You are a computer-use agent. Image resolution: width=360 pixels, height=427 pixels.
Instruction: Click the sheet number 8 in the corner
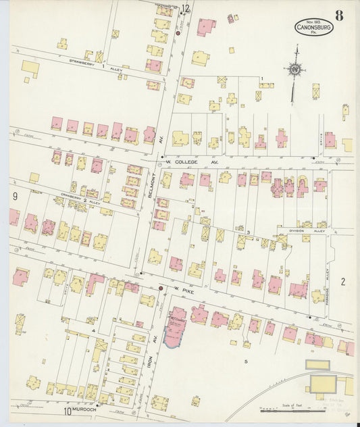pos(338,16)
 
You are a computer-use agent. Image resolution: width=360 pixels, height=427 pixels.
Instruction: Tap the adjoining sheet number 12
pos(185,9)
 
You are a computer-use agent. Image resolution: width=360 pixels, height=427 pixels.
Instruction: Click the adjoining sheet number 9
pos(14,197)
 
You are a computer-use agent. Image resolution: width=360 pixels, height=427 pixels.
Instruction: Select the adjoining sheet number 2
pos(342,282)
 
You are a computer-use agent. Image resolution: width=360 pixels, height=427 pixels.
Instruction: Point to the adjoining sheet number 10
pos(67,410)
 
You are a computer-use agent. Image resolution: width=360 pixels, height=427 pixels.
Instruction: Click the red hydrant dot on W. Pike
pos(160,288)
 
